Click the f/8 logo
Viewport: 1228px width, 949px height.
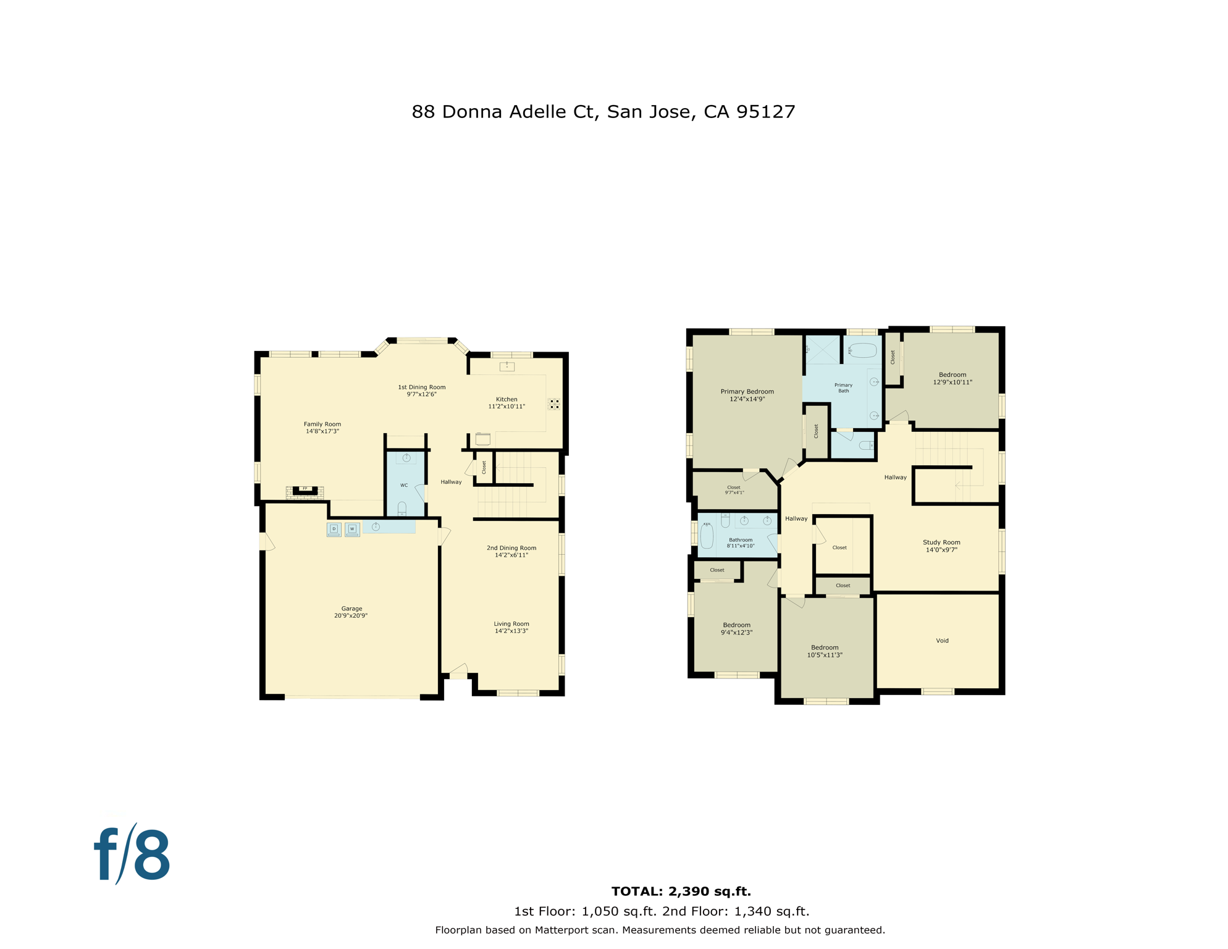point(132,856)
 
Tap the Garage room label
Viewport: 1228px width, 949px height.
point(351,609)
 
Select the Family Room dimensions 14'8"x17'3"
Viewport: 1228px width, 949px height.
point(322,431)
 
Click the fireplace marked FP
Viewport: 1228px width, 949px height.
point(305,491)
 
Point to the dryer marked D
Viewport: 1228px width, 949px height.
point(334,529)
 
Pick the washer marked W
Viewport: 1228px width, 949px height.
point(352,529)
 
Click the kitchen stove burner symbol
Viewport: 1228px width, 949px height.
point(554,404)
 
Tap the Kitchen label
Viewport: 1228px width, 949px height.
point(507,399)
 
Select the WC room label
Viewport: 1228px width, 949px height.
point(404,485)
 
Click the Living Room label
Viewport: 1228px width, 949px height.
point(511,624)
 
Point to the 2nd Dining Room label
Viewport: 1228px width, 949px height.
point(511,548)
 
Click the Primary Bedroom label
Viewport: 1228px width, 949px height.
point(747,392)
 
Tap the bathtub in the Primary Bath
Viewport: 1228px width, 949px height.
point(862,351)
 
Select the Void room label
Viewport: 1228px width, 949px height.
point(942,641)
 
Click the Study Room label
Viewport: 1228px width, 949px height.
point(941,542)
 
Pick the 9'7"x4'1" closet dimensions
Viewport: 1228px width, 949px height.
point(734,492)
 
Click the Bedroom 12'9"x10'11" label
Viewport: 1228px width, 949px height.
point(952,375)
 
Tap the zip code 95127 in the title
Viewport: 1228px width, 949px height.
point(765,112)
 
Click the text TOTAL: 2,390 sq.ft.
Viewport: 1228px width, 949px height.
point(681,892)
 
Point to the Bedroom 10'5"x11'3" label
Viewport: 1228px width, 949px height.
point(825,647)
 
